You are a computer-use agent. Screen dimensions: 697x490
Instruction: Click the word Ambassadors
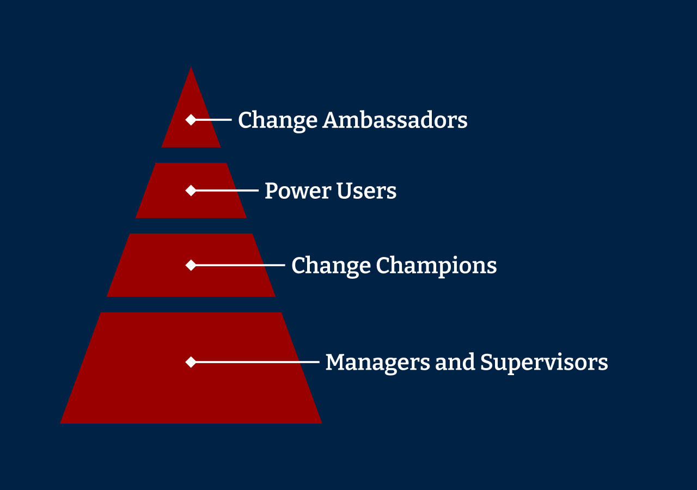tap(395, 120)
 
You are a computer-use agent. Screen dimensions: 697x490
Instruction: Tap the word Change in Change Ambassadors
tap(278, 121)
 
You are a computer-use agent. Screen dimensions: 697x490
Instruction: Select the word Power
tap(298, 191)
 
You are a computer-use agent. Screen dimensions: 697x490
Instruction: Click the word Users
tap(366, 191)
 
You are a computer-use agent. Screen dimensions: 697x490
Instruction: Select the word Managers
tap(378, 363)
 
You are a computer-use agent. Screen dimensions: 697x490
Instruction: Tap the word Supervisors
tap(544, 363)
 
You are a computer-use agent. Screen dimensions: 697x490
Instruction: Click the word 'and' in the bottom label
tap(455, 362)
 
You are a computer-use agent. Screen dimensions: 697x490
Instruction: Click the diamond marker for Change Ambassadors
tap(191, 119)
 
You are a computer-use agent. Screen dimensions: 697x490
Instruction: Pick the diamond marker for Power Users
tap(191, 191)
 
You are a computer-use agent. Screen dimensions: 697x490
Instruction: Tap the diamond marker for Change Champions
tap(191, 265)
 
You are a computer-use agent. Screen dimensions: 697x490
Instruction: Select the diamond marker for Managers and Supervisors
tap(191, 362)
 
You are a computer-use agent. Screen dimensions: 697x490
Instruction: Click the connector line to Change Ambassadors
tap(214, 119)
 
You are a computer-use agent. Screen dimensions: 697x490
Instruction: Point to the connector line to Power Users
tap(227, 191)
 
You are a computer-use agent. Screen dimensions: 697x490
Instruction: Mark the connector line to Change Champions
tap(241, 265)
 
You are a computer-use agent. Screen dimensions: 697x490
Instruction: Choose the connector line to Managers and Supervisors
tap(258, 362)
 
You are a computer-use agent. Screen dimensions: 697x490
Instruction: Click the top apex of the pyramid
tap(191, 67)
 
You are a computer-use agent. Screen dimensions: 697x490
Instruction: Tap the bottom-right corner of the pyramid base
tap(322, 424)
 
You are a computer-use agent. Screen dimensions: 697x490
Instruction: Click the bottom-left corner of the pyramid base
tap(60, 424)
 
